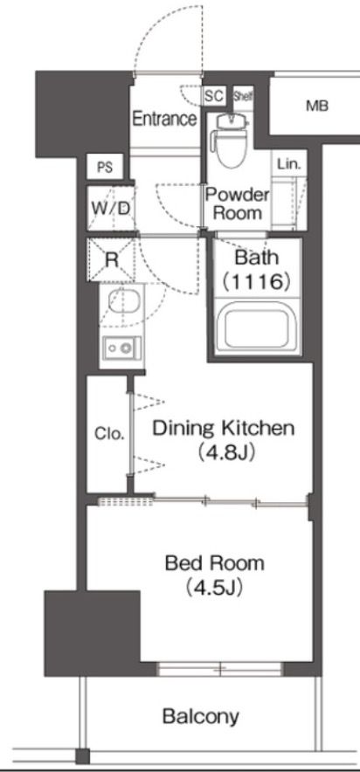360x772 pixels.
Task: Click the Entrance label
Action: coord(164,119)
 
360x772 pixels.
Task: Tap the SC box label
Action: coord(214,96)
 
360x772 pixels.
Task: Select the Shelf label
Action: coord(242,95)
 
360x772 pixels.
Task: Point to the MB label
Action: coord(317,106)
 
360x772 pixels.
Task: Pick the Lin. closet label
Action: coord(288,164)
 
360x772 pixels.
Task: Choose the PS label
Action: coord(104,168)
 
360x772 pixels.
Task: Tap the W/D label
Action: coord(110,208)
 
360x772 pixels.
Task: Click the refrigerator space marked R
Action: coord(111,259)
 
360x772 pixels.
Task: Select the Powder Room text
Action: coord(237,203)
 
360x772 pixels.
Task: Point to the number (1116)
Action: coord(255,281)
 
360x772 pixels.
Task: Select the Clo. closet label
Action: coord(109,434)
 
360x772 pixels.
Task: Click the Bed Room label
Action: coord(215,562)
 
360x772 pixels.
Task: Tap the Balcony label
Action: coord(201,716)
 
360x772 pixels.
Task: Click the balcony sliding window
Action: coord(219,669)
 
